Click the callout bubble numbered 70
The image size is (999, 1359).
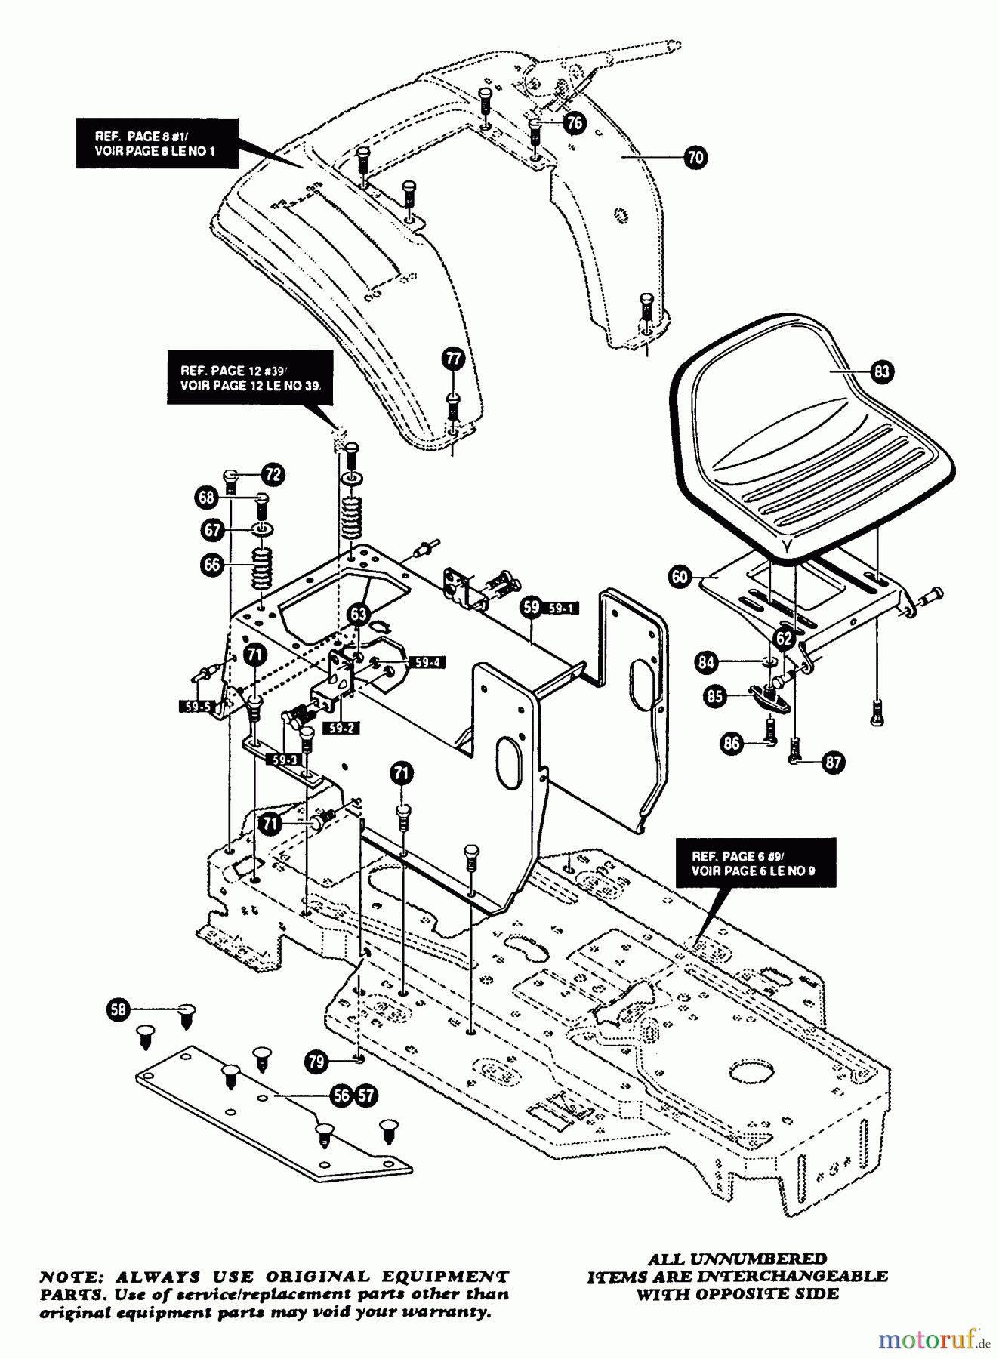pyautogui.click(x=695, y=157)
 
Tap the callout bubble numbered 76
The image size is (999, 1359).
pyautogui.click(x=575, y=122)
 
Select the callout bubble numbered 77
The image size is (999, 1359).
pyautogui.click(x=453, y=358)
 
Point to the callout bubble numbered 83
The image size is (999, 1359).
pyautogui.click(x=881, y=371)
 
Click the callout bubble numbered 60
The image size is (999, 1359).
pyautogui.click(x=680, y=577)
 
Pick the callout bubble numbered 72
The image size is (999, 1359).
pyautogui.click(x=273, y=474)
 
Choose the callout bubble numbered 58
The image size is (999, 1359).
pyautogui.click(x=119, y=1009)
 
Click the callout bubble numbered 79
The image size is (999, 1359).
pyautogui.click(x=316, y=1061)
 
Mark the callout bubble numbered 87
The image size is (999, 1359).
pyautogui.click(x=833, y=762)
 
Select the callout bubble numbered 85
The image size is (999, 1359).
pyautogui.click(x=714, y=695)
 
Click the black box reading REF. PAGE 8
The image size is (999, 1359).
pyautogui.click(x=157, y=143)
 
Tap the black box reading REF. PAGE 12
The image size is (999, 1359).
pyautogui.click(x=250, y=377)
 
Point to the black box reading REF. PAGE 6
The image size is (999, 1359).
pyautogui.click(x=755, y=863)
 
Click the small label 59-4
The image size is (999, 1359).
pyautogui.click(x=427, y=662)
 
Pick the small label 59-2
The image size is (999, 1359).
pyautogui.click(x=342, y=728)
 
